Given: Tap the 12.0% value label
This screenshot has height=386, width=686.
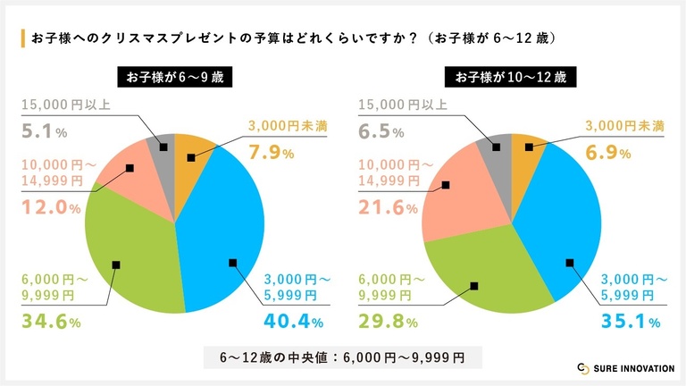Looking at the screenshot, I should click(x=50, y=208).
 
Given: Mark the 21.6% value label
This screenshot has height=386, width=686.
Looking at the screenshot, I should click(x=388, y=208).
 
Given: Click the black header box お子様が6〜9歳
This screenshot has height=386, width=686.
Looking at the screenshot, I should click(x=175, y=77).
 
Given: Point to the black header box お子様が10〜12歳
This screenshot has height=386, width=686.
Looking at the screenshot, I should click(x=511, y=77).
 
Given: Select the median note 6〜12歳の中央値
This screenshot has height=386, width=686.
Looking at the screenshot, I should click(x=343, y=357).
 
